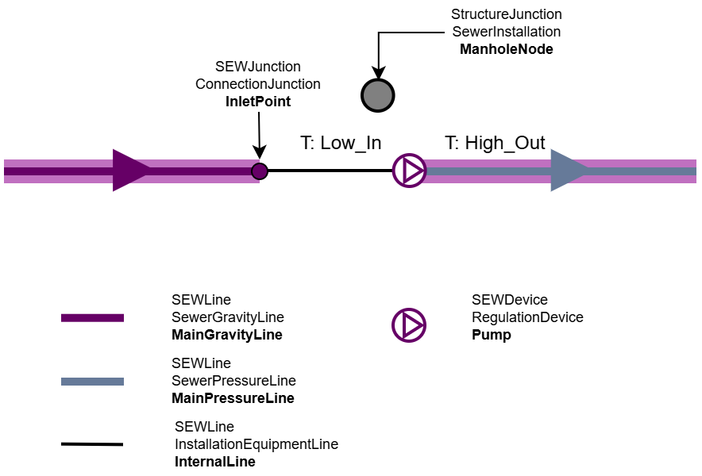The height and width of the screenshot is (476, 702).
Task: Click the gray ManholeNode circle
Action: [x=378, y=95]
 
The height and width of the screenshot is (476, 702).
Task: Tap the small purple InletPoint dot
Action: [x=260, y=171]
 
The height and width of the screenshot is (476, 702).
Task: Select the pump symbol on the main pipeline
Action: [x=410, y=171]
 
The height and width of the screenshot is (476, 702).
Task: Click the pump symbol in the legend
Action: [x=409, y=325]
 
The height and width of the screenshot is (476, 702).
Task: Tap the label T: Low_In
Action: [x=341, y=143]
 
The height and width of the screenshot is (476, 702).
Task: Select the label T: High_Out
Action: [x=495, y=143]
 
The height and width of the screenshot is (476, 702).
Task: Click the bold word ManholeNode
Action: [x=506, y=49]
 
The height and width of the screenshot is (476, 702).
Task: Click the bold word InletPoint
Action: [x=258, y=102]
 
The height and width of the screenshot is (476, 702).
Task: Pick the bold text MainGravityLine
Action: [x=226, y=335]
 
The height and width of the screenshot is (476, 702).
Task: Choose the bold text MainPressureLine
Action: [x=233, y=398]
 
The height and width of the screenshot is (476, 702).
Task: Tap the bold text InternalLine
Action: [x=214, y=462]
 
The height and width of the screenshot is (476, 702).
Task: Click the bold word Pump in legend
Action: [x=491, y=335]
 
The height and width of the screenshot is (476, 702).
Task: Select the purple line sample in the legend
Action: [x=92, y=318]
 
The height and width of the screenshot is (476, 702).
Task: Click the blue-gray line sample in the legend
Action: [x=92, y=382]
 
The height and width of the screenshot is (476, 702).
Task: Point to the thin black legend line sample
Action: [x=92, y=444]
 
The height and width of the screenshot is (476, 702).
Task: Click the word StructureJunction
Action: [x=506, y=14]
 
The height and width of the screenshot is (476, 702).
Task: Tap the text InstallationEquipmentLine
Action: [x=256, y=444]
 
